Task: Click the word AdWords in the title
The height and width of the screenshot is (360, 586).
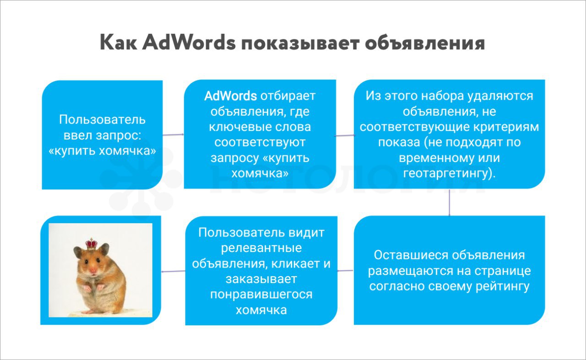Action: (x=189, y=42)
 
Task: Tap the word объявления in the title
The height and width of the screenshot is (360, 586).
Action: (x=425, y=43)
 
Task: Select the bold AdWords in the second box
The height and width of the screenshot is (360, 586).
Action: (x=230, y=96)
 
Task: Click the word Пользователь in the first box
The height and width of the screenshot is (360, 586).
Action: (x=102, y=120)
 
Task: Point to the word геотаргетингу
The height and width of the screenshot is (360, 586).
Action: (x=449, y=173)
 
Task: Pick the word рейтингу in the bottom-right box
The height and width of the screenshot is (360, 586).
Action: (x=503, y=286)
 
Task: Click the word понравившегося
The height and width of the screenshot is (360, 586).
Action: (x=261, y=295)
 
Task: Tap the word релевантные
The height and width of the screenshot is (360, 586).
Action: (x=261, y=248)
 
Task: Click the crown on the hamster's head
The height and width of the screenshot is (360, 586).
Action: (x=91, y=244)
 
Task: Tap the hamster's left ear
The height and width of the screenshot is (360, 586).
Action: (x=78, y=252)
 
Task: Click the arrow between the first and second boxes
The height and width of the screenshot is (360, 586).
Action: (x=173, y=134)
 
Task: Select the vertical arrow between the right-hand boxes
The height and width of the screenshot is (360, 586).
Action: (x=450, y=202)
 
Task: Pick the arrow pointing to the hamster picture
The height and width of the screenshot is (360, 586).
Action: (x=173, y=271)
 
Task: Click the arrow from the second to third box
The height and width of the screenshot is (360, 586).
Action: (x=345, y=135)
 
